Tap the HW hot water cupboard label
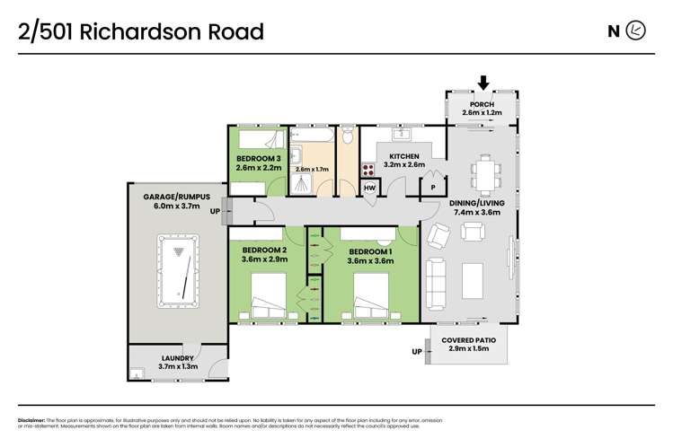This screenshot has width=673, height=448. [369, 188]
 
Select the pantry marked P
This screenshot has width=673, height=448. [433, 188]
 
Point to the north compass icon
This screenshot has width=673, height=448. [636, 31]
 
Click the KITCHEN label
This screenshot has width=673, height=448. [403, 154]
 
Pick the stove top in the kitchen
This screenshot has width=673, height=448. [368, 168]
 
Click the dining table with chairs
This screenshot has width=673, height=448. [485, 173]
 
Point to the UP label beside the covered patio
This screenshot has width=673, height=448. [417, 351]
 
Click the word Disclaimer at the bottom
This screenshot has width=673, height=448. [32, 420]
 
